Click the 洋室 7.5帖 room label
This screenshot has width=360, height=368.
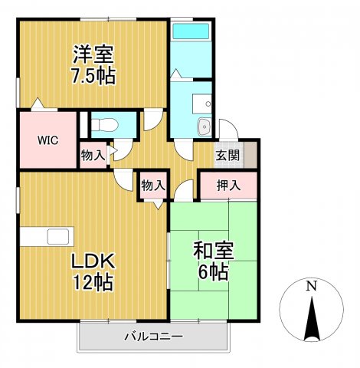pos(93,65)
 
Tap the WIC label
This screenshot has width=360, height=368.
pos(47,140)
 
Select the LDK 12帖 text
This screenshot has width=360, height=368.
pos(93,271)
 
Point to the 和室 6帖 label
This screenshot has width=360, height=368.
pos(214,261)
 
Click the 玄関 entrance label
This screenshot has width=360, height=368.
pos(227,155)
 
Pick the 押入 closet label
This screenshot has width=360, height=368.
pos(228,186)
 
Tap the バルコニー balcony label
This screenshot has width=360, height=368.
pos(154,337)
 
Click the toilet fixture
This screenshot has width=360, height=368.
pos(105,125)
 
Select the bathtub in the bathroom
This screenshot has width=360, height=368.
pos(191,31)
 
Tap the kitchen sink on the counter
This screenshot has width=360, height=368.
pos(58,236)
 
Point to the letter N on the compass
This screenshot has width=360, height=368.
pos(311,286)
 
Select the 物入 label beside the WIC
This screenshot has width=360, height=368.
pos(93,155)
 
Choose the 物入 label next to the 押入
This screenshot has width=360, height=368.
pos(153,186)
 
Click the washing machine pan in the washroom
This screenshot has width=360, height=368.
pos(201,104)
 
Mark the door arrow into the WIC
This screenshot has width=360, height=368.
pos(38,103)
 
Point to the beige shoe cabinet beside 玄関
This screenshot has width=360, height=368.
pos(250,155)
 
